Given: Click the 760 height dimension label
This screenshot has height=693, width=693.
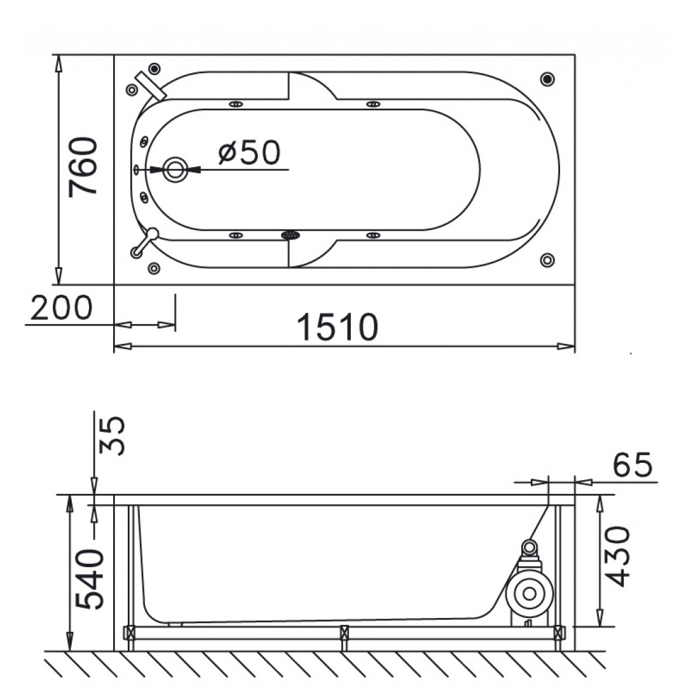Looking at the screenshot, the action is tap(83, 167).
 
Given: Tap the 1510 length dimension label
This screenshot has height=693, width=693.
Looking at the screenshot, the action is tap(337, 327).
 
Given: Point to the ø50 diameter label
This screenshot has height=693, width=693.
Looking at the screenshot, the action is tap(249, 152).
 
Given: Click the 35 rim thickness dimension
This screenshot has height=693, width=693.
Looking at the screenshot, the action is tap(111, 436).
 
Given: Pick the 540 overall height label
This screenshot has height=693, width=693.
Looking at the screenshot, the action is tap(89, 579).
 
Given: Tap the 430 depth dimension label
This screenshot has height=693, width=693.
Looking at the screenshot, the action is tap(616, 556).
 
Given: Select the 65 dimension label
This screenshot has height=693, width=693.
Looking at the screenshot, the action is tap(633, 465).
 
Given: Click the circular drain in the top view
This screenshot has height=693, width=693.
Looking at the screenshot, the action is tap(175, 169).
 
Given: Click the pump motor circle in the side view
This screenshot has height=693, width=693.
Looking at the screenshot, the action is tap(530, 594).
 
